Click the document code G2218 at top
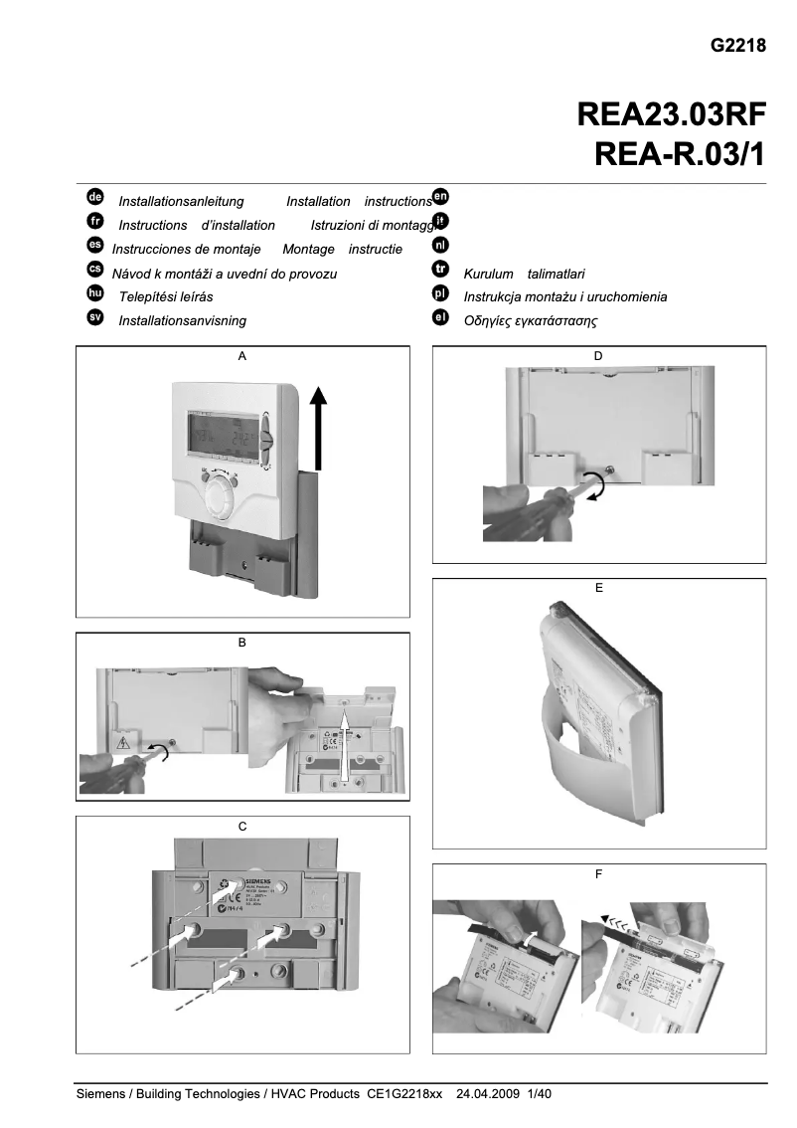[738, 46]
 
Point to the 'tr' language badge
[441, 270]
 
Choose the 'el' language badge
[441, 318]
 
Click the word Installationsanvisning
[182, 321]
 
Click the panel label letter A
[241, 355]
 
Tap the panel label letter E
[598, 588]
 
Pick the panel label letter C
[242, 827]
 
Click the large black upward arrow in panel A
[317, 428]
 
